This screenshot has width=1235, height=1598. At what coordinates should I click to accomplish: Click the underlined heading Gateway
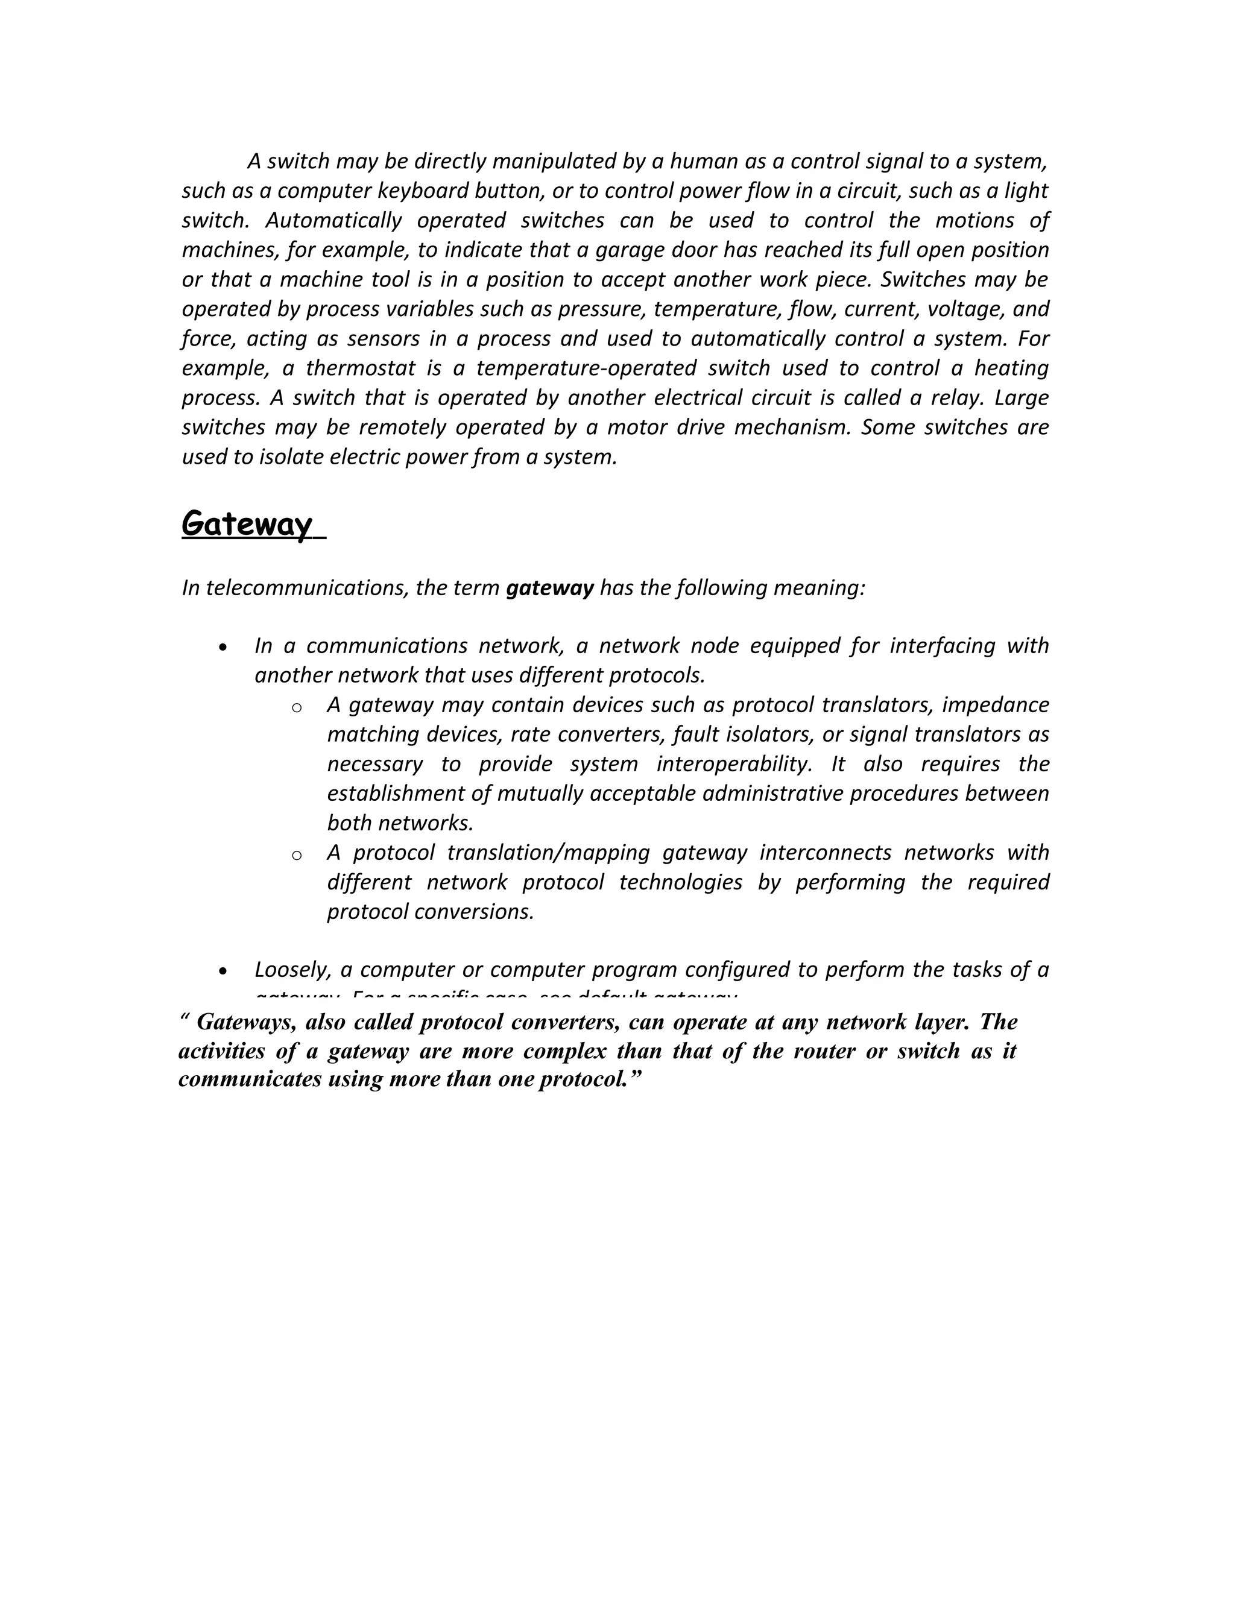pyautogui.click(x=247, y=524)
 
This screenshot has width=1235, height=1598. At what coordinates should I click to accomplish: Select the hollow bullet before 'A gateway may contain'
pyautogui.click(x=296, y=707)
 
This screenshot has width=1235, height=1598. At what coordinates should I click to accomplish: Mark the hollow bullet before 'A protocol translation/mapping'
pyautogui.click(x=296, y=855)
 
